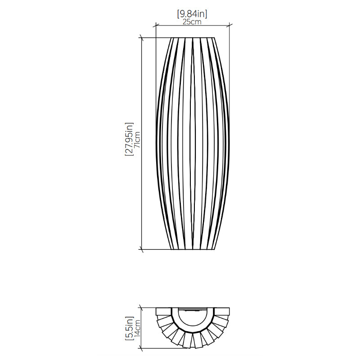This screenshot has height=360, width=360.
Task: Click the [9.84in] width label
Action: click(192, 14)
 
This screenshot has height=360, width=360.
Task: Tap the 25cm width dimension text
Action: click(192, 22)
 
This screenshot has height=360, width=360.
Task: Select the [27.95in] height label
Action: click(129, 139)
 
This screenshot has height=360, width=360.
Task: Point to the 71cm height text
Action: click(137, 139)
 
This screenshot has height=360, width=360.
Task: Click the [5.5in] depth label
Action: click(129, 328)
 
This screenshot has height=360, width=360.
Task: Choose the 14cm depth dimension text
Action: click(137, 328)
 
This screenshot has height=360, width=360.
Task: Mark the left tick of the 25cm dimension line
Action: click(156, 25)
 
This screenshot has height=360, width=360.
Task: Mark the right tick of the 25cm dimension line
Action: click(229, 25)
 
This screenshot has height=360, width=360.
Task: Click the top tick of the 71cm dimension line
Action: click(141, 38)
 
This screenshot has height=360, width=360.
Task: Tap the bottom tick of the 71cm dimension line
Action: click(141, 249)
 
